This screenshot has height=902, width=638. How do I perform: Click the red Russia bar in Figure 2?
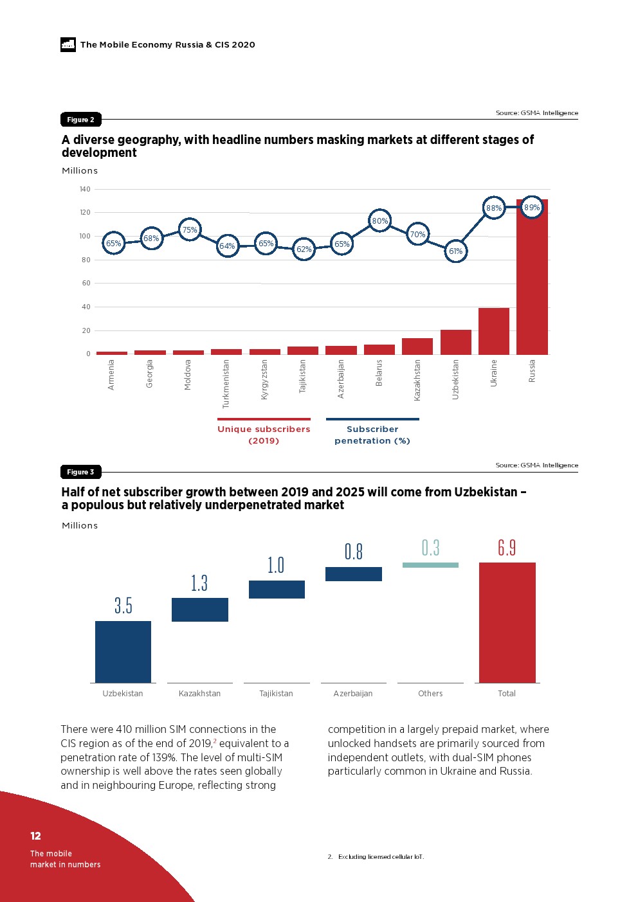coord(532,283)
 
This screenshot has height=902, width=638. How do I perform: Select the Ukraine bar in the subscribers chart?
coord(494,331)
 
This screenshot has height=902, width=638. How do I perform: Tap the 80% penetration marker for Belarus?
coord(380,221)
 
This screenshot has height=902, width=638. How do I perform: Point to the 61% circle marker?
coord(456,251)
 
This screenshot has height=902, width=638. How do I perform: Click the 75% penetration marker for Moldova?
coord(190,230)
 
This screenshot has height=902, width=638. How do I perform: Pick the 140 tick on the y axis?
coord(85,190)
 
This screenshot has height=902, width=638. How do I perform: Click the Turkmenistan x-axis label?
coord(226,384)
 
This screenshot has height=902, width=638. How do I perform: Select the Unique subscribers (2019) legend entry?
coord(264,435)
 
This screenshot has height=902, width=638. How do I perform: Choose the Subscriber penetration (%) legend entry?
coord(372,435)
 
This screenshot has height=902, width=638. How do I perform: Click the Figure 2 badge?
coord(80,120)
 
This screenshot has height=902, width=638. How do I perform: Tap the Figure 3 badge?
coord(80,472)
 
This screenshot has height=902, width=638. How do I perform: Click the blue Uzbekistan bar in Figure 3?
coord(123,651)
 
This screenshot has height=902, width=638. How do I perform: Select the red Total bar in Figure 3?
coord(507,622)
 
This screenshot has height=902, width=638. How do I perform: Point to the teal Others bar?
coord(430,565)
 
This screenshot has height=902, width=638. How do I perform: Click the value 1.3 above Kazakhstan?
coord(199,583)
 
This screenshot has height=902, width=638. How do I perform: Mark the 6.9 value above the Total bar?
coord(507,548)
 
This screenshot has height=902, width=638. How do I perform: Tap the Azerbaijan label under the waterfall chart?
coord(353,694)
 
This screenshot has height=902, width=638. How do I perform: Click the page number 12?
coord(35,836)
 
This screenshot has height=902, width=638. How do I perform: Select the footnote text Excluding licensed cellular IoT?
coord(381,856)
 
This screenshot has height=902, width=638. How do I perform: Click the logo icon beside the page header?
coord(68,44)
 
